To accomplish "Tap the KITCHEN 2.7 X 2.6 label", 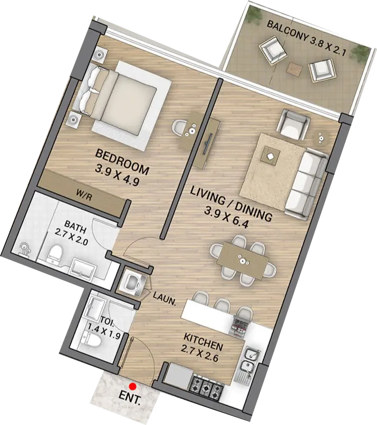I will click(203, 342).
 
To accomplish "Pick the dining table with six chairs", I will click(243, 259).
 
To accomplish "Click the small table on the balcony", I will click(293, 68).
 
